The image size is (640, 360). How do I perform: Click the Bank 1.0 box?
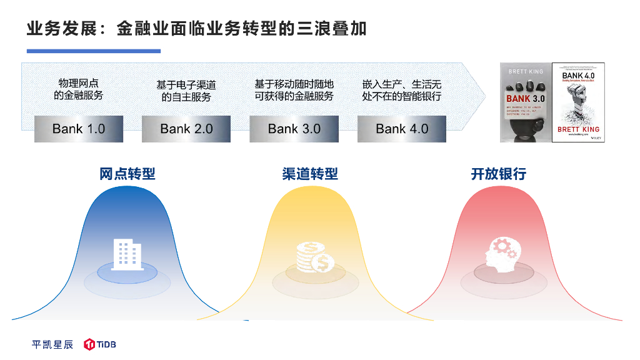click(x=79, y=129)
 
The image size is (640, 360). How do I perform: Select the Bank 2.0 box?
click(x=186, y=129)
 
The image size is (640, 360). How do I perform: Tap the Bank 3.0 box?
click(x=294, y=129)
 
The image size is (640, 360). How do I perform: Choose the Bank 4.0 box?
click(x=402, y=129)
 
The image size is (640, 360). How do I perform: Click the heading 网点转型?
click(x=127, y=174)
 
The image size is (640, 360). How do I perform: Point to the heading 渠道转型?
click(x=310, y=174)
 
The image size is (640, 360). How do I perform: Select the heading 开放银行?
click(x=498, y=174)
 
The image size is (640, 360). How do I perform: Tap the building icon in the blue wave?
click(x=127, y=254)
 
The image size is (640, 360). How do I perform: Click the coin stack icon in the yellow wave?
click(x=314, y=257)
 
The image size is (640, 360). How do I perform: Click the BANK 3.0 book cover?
click(x=526, y=102)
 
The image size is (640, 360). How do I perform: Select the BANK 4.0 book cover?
click(x=579, y=102)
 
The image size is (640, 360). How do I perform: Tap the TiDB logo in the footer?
click(x=101, y=344)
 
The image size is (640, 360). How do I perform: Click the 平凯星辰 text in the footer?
click(x=52, y=344)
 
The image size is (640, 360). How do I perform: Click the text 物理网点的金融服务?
click(x=79, y=89)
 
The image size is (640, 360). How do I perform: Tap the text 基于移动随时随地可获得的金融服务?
click(x=294, y=90)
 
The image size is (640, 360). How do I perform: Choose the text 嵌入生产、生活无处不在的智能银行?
click(x=402, y=90)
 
